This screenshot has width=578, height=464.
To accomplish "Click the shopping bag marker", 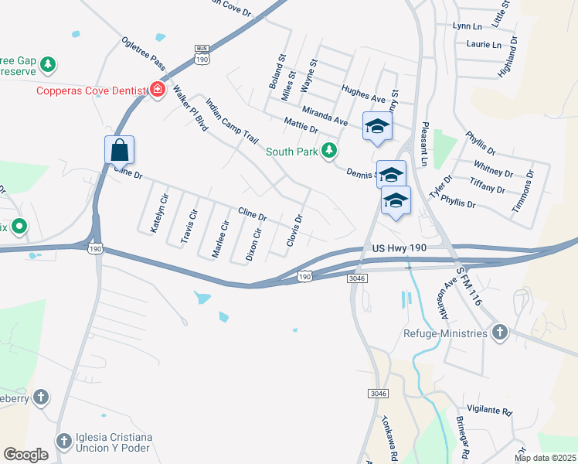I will (x=120, y=149).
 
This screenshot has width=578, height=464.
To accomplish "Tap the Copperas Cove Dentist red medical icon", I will (x=158, y=90).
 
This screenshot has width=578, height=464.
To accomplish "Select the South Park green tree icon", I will (x=330, y=151).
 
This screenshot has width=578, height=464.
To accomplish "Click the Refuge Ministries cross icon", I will (x=499, y=333).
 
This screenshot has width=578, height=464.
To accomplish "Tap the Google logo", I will (x=25, y=455).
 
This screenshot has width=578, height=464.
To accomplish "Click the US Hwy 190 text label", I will (x=399, y=247).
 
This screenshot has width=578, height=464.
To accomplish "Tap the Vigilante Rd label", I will (x=490, y=411).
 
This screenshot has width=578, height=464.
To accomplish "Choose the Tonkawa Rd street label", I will (x=389, y=441).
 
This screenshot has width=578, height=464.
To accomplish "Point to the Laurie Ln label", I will (x=484, y=44).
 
